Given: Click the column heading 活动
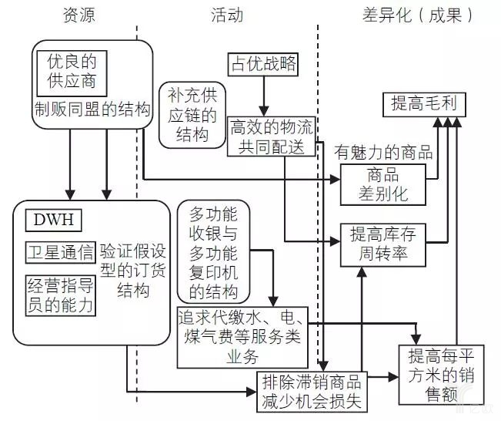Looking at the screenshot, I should [227, 15].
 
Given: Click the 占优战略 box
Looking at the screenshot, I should [262, 63].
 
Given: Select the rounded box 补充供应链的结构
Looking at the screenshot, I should [192, 114].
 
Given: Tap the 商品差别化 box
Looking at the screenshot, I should [384, 184].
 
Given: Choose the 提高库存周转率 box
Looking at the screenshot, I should [384, 244].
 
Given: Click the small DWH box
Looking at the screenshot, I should [52, 220].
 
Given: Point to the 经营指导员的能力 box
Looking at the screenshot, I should [60, 294].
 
